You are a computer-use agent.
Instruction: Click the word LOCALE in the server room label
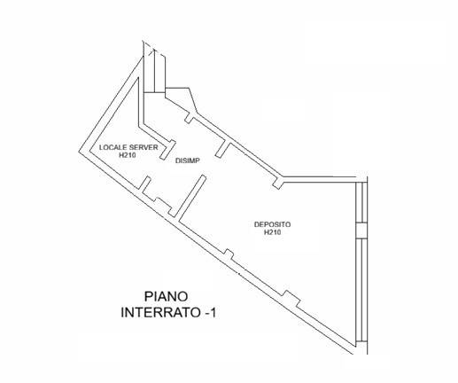111,147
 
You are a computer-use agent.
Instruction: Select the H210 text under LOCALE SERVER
128,155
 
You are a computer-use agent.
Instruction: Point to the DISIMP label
188,160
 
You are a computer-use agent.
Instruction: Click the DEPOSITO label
272,224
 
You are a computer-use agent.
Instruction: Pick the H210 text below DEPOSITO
272,232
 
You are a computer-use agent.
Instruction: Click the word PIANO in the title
166,296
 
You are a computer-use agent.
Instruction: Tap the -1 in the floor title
210,313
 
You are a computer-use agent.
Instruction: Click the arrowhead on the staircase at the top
153,52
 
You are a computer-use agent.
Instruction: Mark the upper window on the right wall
361,202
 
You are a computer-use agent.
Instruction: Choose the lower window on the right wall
361,290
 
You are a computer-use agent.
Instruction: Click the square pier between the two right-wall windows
361,231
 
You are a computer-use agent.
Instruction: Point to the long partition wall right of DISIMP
191,197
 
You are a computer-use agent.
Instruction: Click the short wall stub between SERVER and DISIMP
167,150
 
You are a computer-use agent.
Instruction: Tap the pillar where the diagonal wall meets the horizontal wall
278,182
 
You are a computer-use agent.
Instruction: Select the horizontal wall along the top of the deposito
320,179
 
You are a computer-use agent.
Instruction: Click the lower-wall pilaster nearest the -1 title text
291,299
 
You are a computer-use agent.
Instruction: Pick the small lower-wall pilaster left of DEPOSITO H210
229,254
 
